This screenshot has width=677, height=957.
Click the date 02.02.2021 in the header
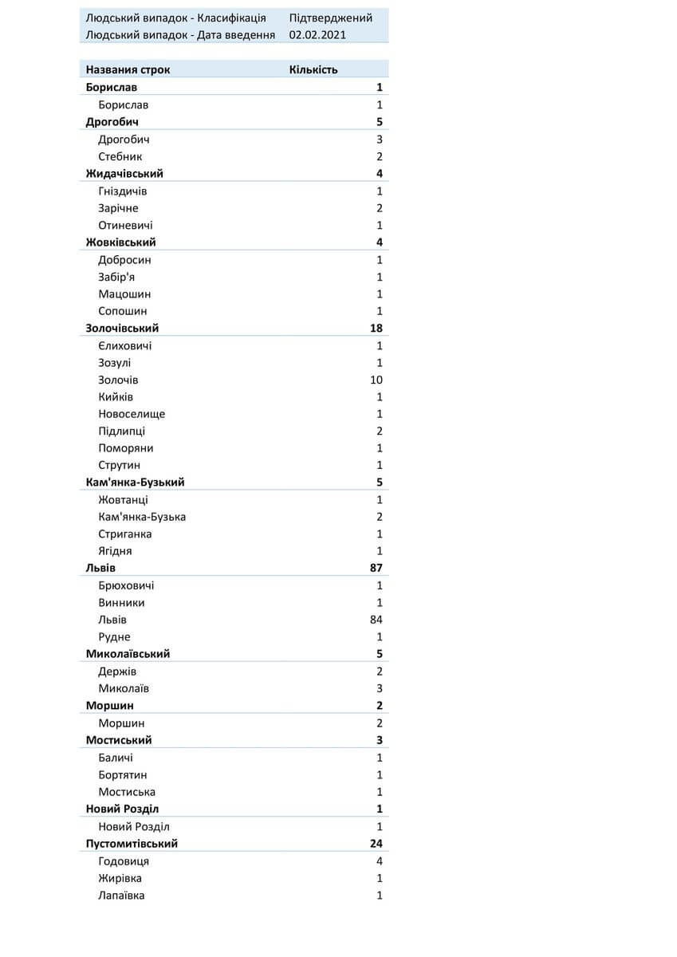[317, 35]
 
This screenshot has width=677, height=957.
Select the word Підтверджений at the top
[331, 18]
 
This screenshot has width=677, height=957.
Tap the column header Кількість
[313, 69]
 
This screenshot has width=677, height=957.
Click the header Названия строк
[128, 69]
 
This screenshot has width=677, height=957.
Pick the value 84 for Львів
[376, 620]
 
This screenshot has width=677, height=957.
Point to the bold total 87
[376, 568]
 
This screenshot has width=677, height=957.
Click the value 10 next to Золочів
[376, 380]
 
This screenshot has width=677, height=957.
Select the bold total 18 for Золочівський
[376, 328]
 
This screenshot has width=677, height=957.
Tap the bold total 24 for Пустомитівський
[376, 843]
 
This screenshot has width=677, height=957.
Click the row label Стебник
[120, 156]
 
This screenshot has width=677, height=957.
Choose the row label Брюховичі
[126, 585]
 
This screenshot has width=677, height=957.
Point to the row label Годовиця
[124, 861]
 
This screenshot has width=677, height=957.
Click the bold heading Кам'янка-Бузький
[136, 482]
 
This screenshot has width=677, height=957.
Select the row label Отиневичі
[126, 225]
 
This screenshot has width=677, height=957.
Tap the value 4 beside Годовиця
[380, 861]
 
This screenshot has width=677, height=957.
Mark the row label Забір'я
[118, 277]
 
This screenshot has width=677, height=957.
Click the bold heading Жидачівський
[124, 173]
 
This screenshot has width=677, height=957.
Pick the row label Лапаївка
[121, 896]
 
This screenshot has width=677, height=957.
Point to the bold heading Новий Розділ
[122, 809]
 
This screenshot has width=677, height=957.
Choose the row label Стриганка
[125, 534]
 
